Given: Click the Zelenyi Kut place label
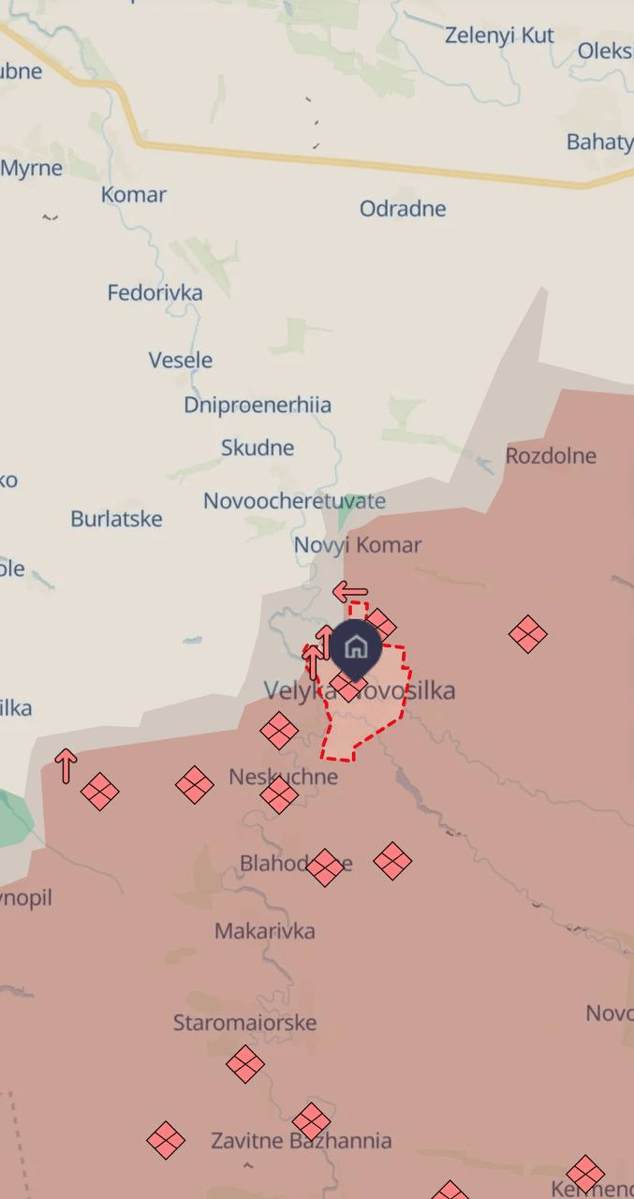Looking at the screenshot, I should pos(499,36).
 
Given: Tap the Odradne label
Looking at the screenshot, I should pos(403,208).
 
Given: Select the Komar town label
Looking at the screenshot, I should pos(134,195).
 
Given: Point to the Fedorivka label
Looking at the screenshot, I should pos(155,292).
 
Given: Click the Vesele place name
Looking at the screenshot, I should pos(180,360).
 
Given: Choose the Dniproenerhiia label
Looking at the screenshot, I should pos(258,405).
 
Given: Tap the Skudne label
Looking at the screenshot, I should pos(258,448).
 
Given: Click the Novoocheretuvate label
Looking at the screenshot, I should pos(294,500).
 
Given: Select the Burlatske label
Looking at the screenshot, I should pos(116,518).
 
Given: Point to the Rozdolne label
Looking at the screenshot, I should pos(551,455).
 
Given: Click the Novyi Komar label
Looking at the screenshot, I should pos(358,544).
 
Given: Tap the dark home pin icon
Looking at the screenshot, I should pos(355,647).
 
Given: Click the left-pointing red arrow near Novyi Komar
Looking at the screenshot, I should pos(350,592).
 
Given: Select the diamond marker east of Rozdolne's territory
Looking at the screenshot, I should pos(528,634).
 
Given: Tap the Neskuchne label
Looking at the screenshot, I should pos(283,777).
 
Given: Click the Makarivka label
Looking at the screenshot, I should pos(264,930).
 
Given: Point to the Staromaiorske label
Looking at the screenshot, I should pos(244,1022).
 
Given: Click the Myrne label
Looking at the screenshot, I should pos(32,169).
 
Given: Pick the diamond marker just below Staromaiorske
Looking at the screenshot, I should pos(245,1064).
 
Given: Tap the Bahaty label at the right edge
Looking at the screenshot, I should pos(599,142).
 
